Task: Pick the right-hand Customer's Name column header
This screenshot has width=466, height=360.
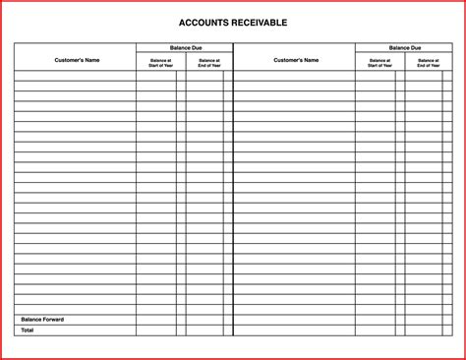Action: [x=294, y=60]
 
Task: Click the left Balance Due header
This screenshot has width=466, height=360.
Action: [x=184, y=47]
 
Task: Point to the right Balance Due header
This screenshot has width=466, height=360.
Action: [x=404, y=47]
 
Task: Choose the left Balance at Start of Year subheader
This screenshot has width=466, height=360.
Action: [x=160, y=63]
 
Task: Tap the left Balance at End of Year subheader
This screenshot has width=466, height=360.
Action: [x=208, y=63]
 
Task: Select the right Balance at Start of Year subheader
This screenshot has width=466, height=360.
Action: [x=379, y=63]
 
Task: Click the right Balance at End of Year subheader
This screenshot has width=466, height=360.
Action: [x=429, y=63]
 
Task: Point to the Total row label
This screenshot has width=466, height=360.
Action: [x=28, y=330]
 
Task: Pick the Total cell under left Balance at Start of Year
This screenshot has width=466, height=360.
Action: [x=156, y=330]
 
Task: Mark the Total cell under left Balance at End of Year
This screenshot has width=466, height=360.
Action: [x=204, y=330]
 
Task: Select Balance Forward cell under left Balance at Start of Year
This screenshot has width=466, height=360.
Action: [x=156, y=320]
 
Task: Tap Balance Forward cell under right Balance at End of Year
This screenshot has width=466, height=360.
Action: [x=424, y=320]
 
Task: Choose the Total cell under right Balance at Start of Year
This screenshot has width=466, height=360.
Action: [x=376, y=330]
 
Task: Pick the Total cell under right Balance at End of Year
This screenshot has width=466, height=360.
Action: [x=424, y=330]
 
